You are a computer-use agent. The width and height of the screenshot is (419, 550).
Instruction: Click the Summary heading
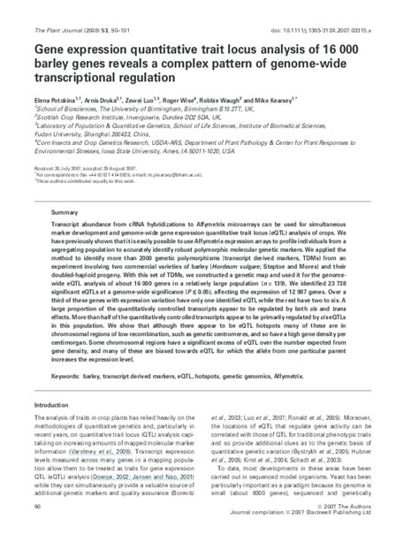click(64, 213)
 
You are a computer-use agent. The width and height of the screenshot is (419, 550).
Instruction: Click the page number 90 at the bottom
click(36, 531)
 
